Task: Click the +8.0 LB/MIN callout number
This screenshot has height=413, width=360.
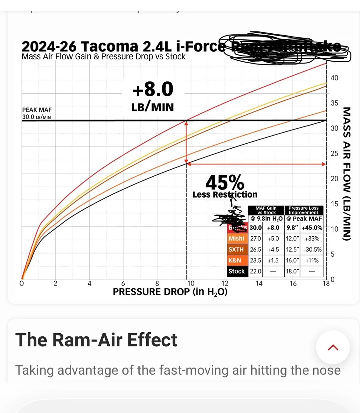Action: (x=153, y=89)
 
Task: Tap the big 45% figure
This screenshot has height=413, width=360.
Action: (x=225, y=183)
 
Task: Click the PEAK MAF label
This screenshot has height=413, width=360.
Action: (x=37, y=110)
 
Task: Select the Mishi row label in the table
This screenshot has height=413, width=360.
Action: (x=236, y=239)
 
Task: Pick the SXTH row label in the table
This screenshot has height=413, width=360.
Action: (x=236, y=249)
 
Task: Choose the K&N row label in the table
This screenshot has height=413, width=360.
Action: (x=235, y=261)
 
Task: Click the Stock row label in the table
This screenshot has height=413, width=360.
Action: (x=237, y=271)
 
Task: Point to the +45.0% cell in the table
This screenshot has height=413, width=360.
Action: (x=312, y=228)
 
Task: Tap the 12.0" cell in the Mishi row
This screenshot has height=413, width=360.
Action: (x=293, y=239)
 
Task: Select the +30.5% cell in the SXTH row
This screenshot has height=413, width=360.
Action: (x=312, y=249)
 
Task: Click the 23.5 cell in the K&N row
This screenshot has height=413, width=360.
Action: (x=255, y=261)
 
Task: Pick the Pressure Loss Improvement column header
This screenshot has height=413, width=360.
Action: (x=303, y=210)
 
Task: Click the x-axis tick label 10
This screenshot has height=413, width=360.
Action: (x=190, y=283)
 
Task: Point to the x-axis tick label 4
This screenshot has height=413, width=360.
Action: (x=89, y=283)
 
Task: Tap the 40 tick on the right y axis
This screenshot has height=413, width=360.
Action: (x=334, y=78)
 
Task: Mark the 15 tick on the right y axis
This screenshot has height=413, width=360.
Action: (x=334, y=204)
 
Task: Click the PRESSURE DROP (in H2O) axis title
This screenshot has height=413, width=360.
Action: (x=170, y=292)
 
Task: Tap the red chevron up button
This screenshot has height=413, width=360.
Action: (x=333, y=347)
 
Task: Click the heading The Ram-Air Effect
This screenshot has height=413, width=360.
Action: (x=96, y=340)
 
